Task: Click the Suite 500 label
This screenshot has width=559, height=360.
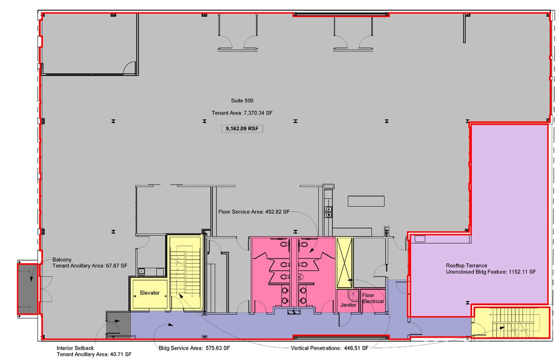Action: pyautogui.click(x=242, y=101)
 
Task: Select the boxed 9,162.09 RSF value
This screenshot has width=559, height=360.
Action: pyautogui.click(x=242, y=129)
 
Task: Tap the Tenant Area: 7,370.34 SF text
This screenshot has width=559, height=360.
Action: pyautogui.click(x=242, y=113)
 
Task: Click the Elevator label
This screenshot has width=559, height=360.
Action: pyautogui.click(x=150, y=293)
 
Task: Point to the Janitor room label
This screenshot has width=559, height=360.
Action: pyautogui.click(x=348, y=305)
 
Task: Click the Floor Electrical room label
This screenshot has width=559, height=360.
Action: pyautogui.click(x=373, y=298)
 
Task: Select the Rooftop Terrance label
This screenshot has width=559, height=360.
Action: pyautogui.click(x=466, y=266)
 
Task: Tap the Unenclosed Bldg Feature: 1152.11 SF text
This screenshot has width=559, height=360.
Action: pyautogui.click(x=491, y=272)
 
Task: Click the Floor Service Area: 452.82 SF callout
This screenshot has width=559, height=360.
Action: pyautogui.click(x=254, y=212)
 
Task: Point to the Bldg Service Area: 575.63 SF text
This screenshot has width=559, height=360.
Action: pyautogui.click(x=194, y=348)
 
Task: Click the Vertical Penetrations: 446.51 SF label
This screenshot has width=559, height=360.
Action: pyautogui.click(x=329, y=348)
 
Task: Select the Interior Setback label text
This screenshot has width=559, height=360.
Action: pyautogui.click(x=75, y=348)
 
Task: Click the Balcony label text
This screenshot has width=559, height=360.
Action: pyautogui.click(x=62, y=260)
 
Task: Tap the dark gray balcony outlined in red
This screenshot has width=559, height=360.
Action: pyautogui.click(x=28, y=288)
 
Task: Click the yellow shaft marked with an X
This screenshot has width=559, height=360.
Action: pyautogui.click(x=344, y=263)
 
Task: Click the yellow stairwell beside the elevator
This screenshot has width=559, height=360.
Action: pyautogui.click(x=185, y=272)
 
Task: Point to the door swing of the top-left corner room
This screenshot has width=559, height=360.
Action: pyautogui.click(x=130, y=67)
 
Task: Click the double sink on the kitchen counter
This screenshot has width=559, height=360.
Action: pyautogui.click(x=329, y=212)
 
